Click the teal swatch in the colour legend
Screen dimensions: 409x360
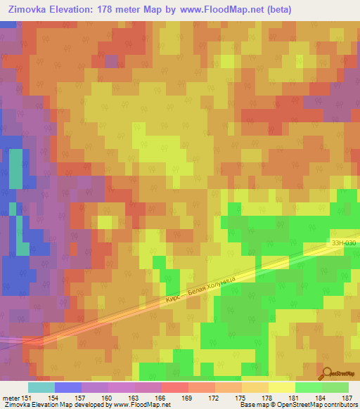41,387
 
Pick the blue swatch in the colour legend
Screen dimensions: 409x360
68,387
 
